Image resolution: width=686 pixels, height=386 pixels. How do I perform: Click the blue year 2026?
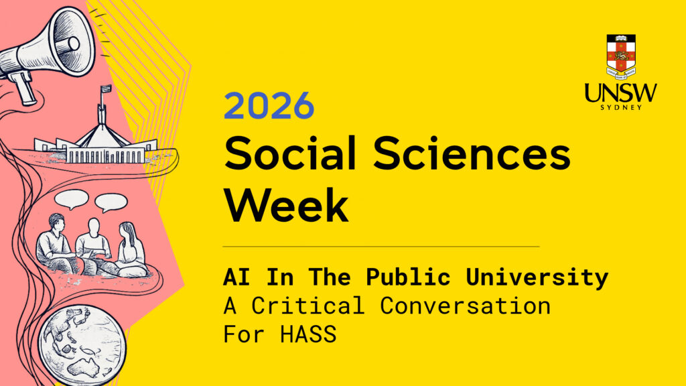(269, 105)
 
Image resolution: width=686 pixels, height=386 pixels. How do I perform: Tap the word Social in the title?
(291, 153)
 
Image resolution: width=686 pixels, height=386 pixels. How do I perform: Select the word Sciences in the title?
(472, 153)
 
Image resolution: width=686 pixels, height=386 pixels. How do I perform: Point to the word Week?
(287, 204)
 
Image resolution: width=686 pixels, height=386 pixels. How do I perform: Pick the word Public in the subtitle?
(408, 277)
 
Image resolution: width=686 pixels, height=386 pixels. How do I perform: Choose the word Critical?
(307, 306)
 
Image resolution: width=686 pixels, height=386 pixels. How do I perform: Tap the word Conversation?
(465, 306)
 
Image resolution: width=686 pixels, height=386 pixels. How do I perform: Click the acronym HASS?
(308, 334)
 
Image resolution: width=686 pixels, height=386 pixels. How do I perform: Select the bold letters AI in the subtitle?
(236, 277)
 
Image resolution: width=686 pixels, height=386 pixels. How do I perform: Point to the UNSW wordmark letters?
(621, 92)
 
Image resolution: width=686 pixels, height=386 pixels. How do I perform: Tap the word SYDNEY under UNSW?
(621, 108)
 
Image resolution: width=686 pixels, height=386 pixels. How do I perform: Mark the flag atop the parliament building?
(105, 90)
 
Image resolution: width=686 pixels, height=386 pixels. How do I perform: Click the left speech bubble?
(71, 199)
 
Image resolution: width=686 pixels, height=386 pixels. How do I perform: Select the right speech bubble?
(111, 202)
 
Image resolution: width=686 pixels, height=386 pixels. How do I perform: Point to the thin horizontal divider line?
(381, 247)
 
